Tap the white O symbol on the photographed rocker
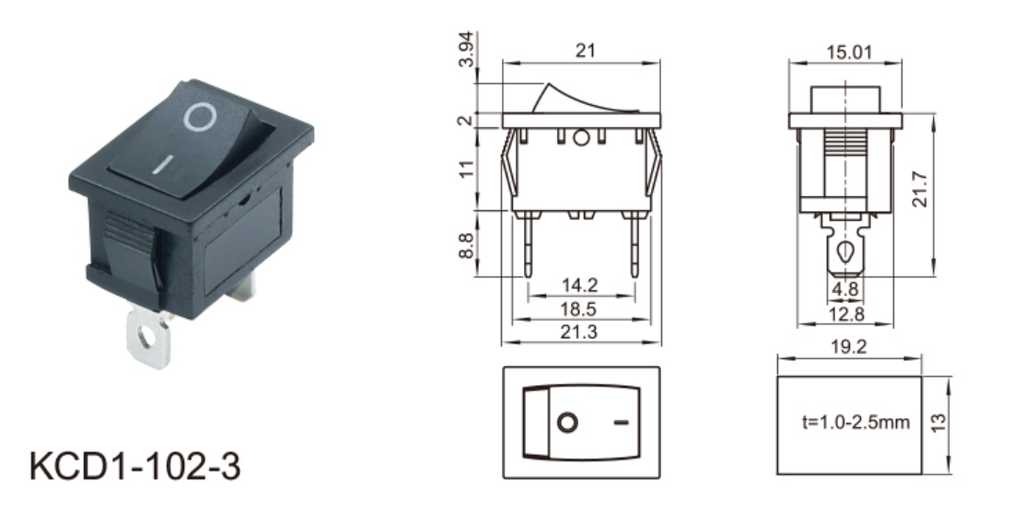click(199, 118)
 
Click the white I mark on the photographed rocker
click(163, 165)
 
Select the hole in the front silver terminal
click(148, 339)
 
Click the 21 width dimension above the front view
click(585, 51)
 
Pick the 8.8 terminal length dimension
click(466, 245)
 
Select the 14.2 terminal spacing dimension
click(580, 286)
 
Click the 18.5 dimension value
click(580, 309)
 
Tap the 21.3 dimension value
click(580, 332)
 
